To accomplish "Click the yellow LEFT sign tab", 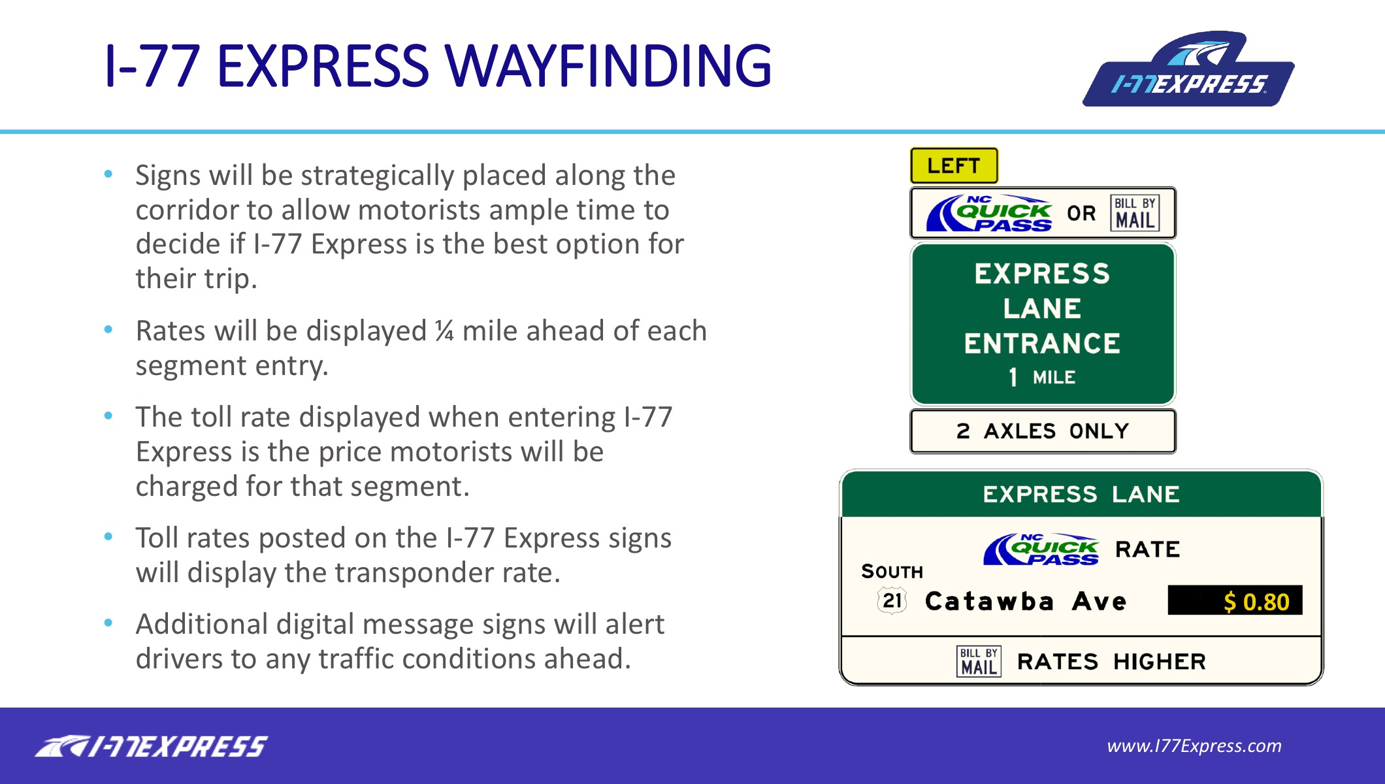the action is [x=954, y=166].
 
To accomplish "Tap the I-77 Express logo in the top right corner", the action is [x=1188, y=69].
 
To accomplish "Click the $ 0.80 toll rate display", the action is [x=1235, y=600].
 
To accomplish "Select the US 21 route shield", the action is [x=892, y=600].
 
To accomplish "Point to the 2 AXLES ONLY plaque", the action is [x=1043, y=431].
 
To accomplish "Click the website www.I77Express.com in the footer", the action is [x=1194, y=745].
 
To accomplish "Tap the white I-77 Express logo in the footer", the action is [x=151, y=746].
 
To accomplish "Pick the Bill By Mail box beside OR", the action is [x=1135, y=214].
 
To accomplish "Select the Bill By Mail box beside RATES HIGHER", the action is [x=979, y=661].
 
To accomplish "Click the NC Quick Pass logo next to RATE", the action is [x=1041, y=549].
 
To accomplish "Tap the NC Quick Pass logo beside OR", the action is [x=989, y=214].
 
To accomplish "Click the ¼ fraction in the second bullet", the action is [x=444, y=331].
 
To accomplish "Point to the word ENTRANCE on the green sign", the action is [x=1043, y=344].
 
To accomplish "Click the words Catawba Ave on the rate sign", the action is [x=1026, y=601].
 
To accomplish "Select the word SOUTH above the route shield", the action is [x=892, y=572].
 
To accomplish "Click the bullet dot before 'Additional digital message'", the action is [x=108, y=623].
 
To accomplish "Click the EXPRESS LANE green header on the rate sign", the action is [x=1081, y=494].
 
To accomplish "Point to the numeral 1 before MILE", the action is [x=1013, y=377].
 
